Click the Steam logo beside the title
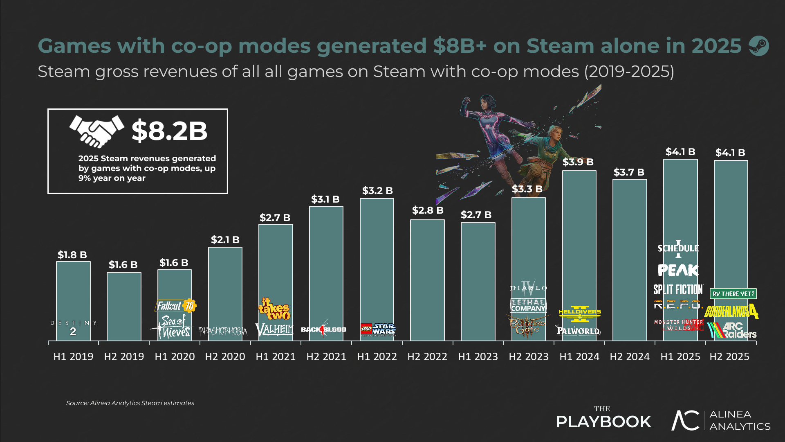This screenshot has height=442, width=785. coord(759,46)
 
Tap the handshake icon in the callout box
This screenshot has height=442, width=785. coord(97,131)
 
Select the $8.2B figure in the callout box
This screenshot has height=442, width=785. coord(169,131)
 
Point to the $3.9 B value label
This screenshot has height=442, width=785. coord(578,162)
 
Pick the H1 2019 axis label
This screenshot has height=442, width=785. coord(74,356)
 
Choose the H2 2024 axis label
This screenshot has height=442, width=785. coord(630,356)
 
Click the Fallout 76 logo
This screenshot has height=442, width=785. coord(176,305)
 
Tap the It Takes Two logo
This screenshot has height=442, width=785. coord(274,309)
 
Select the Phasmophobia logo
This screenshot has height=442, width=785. coord(223,331)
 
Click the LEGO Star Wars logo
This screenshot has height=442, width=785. coord(378,329)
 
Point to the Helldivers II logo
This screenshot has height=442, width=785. coord(580,313)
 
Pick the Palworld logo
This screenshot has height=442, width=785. coord(579,330)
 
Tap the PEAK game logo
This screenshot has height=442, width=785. coord(678,270)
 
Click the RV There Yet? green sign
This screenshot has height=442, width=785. coord(733,293)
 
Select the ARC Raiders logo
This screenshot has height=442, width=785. coord(732,330)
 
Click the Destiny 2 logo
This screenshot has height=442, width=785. coord(74,328)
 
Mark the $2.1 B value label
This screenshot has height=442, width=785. coord(225,240)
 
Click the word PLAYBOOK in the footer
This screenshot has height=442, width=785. coord(603,422)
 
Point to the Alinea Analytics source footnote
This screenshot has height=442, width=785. coord(130,403)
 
